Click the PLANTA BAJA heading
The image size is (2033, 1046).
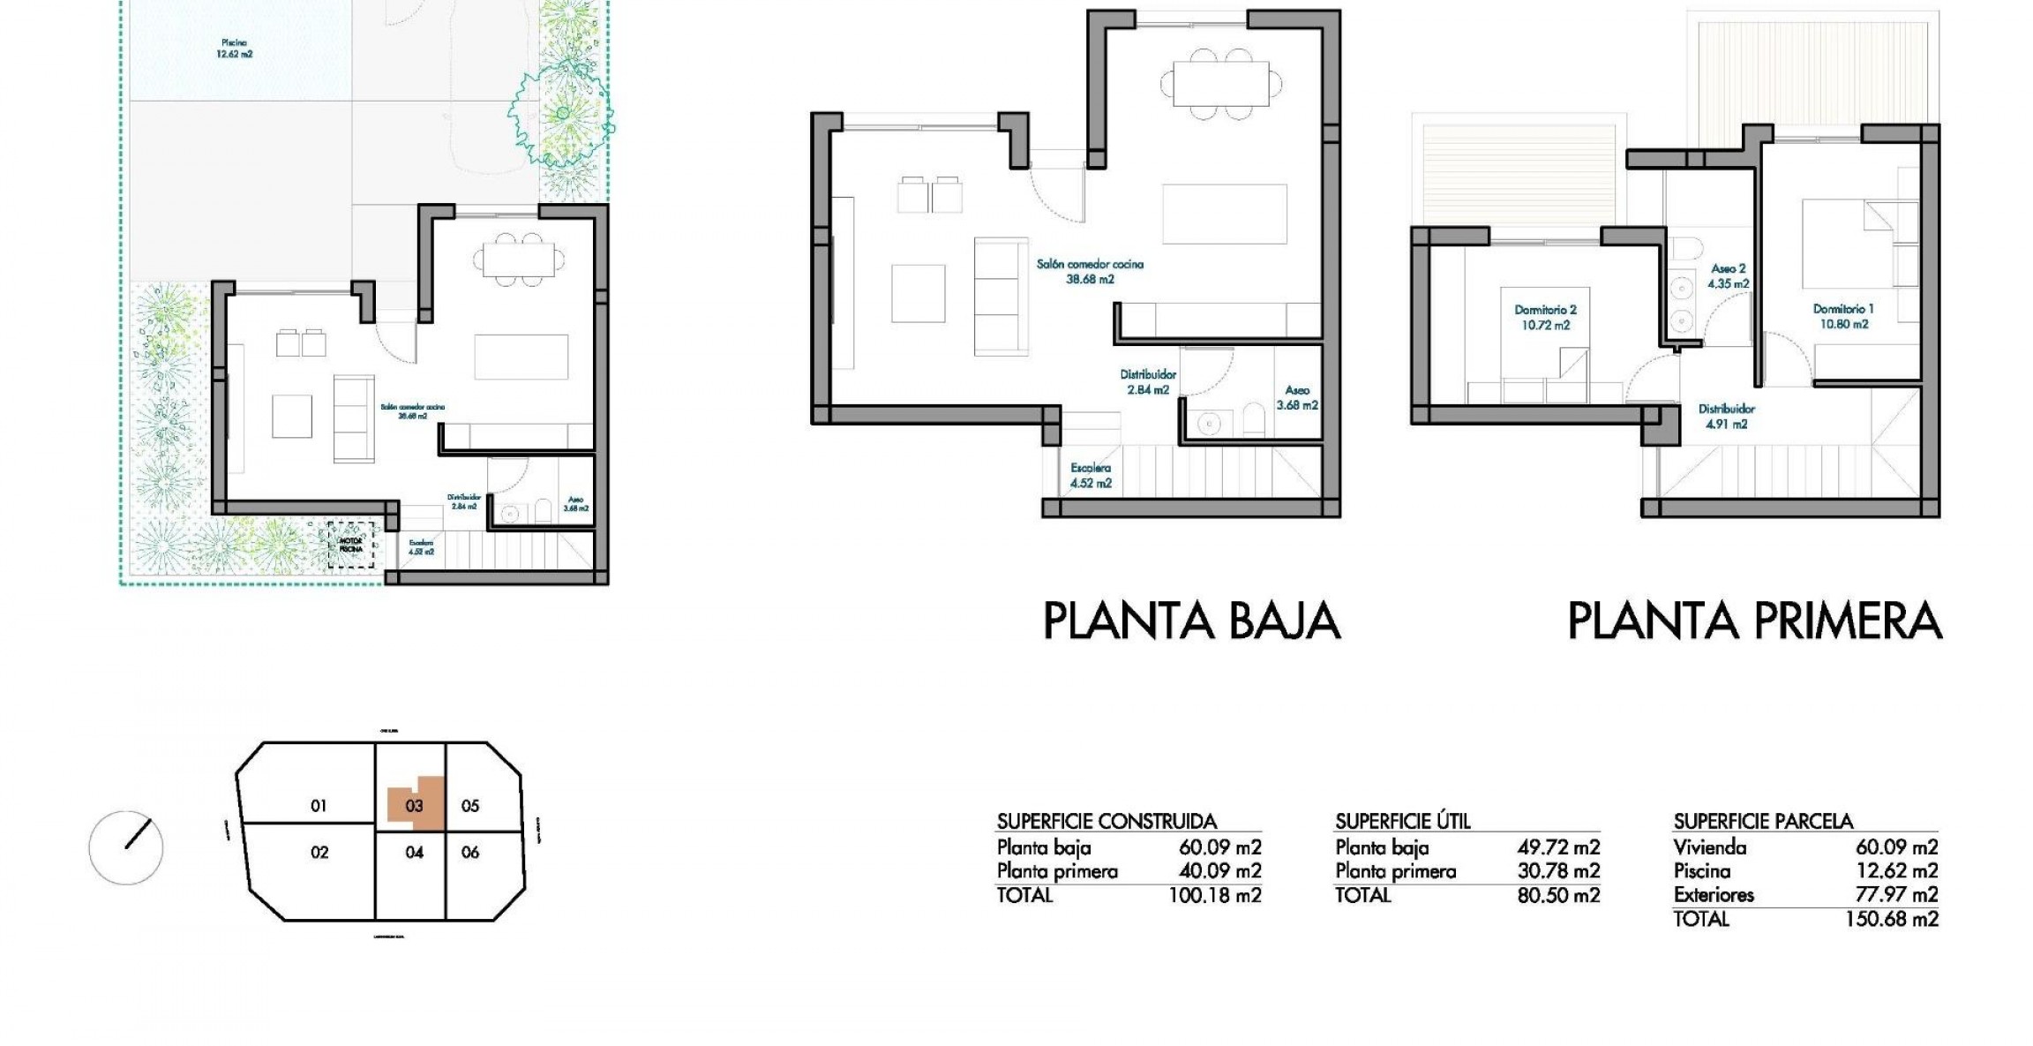[1191, 621]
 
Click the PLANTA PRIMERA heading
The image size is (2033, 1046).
[1754, 621]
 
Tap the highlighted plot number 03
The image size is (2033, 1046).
[414, 805]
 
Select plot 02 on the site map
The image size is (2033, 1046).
[319, 852]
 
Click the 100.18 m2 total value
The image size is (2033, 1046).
[1215, 895]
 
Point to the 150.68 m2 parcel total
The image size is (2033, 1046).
[1892, 919]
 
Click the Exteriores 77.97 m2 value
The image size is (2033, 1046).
[1896, 895]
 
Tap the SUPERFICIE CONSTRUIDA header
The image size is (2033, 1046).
[1107, 821]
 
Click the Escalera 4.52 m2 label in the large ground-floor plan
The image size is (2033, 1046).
[1091, 475]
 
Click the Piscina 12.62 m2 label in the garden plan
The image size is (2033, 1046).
[234, 48]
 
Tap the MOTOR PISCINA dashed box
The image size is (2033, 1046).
[351, 545]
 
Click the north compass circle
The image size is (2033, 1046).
[126, 847]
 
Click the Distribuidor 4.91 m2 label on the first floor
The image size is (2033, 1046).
[1726, 416]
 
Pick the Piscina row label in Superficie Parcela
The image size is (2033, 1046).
[1701, 871]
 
